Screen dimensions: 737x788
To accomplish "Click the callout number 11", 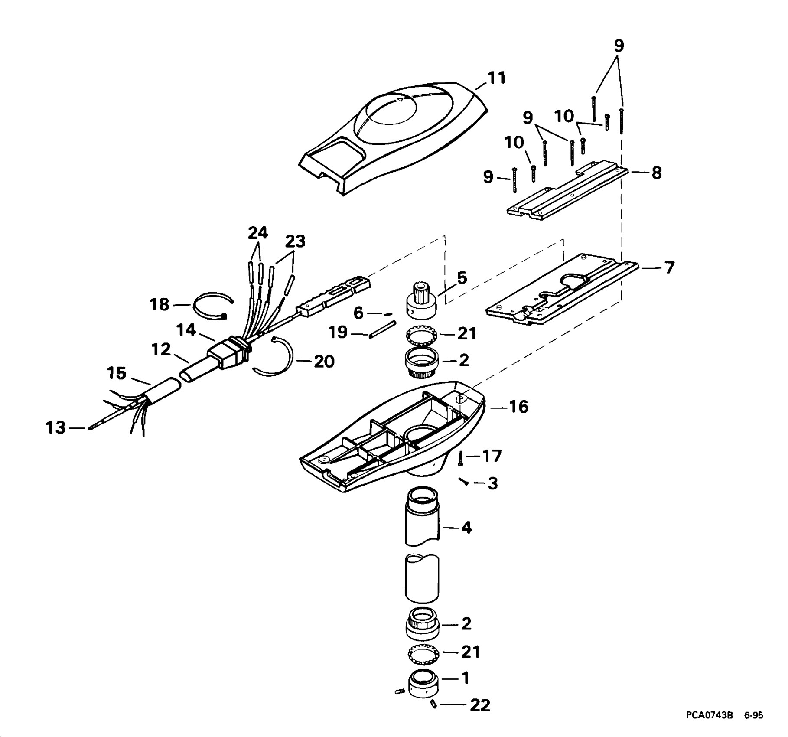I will point(497,78).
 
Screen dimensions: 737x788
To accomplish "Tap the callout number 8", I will point(656,173).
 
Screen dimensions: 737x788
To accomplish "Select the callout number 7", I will point(669,267).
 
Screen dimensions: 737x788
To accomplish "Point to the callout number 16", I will point(518,407).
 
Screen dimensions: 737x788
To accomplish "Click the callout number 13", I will point(56,427).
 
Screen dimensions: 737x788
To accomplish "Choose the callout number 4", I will point(466,528).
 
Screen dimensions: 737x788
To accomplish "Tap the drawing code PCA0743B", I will point(709,727).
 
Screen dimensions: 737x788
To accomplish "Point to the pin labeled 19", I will point(382,328).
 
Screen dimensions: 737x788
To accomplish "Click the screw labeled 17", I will point(461,457).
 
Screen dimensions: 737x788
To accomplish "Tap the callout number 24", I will point(258,233).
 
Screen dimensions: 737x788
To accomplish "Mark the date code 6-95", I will point(754,727).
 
